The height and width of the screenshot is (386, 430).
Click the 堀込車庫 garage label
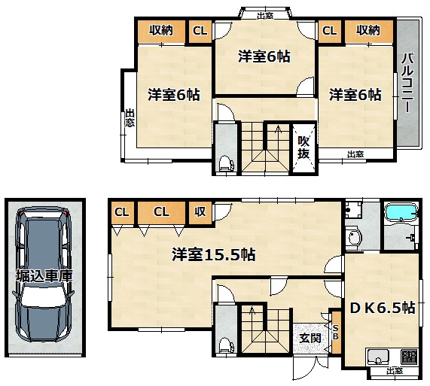44,275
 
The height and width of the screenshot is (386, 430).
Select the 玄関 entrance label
310,338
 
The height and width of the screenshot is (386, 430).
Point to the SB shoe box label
335,332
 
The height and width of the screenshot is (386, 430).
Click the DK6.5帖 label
383,308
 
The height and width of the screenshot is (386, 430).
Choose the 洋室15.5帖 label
214,254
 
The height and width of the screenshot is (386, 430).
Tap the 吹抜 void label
303,147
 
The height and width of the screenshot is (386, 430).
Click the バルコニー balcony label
407,84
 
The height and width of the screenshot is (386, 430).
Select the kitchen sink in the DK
378,357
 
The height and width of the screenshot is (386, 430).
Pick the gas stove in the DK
409,357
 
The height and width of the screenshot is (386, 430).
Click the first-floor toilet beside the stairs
226,345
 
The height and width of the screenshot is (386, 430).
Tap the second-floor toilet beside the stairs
226,163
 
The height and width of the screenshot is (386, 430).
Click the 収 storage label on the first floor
200,211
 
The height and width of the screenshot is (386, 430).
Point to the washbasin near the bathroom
354,237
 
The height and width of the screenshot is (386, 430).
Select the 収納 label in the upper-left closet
161,30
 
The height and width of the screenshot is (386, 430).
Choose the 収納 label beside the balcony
368,30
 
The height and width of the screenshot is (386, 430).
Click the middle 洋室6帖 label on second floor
264,56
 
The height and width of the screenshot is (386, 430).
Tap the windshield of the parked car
44,296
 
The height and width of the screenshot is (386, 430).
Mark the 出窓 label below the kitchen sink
395,371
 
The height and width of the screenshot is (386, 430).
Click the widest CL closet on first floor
161,212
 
